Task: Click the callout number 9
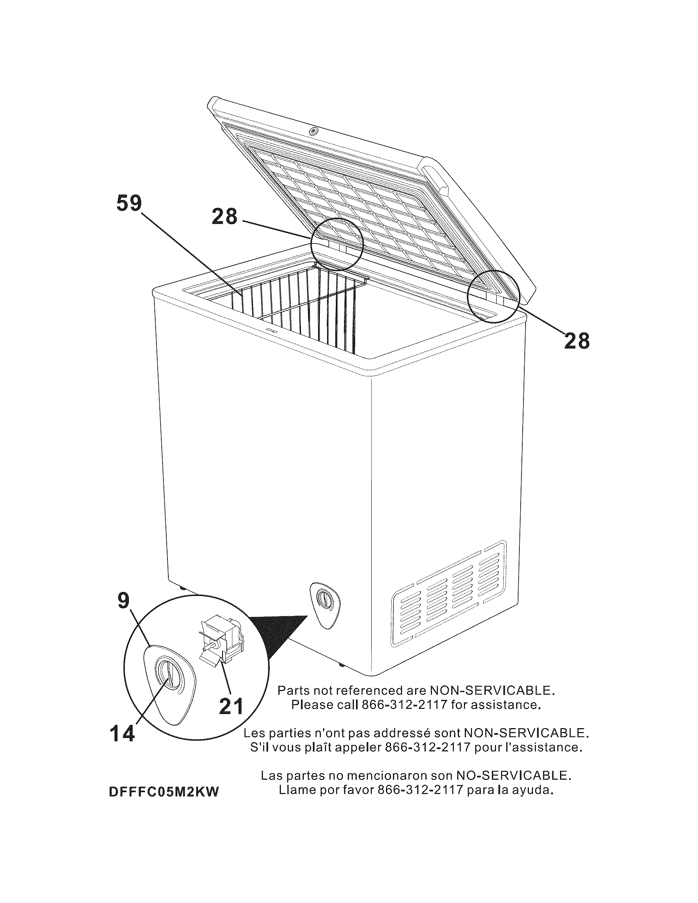[124, 601]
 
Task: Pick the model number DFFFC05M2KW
[163, 791]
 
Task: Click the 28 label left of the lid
[225, 216]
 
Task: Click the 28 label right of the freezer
[577, 341]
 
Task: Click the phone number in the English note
[405, 704]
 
